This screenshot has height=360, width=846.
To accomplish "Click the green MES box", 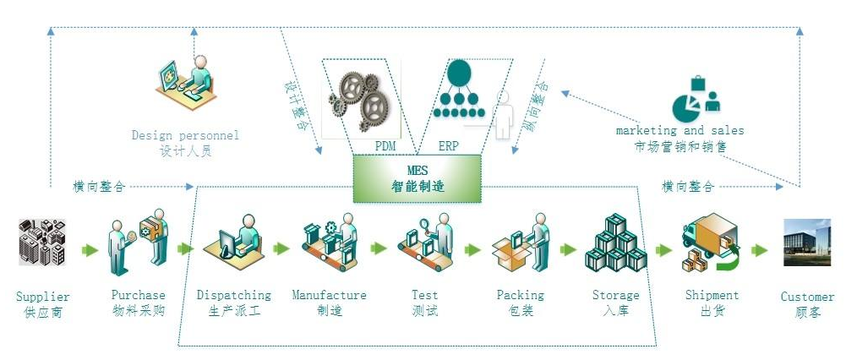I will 417,178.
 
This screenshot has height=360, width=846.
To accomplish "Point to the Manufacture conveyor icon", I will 330,244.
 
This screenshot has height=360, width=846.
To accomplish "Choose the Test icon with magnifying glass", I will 425,245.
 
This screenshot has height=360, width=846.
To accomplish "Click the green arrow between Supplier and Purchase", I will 90,249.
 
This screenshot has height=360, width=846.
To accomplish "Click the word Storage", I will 616,295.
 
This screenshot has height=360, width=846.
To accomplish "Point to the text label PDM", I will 385,145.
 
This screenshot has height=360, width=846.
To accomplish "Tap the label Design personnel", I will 185,135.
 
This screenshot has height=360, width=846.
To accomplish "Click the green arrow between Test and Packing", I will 472,249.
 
